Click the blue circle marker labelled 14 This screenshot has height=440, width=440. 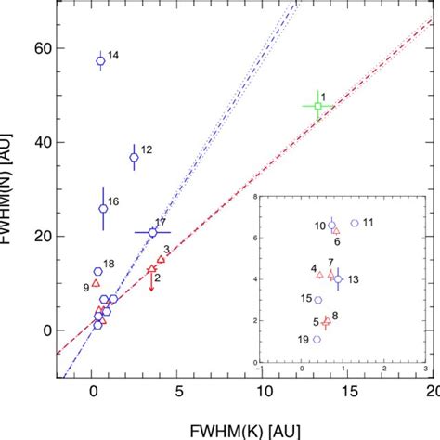100,61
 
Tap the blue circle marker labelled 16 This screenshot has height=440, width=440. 103,209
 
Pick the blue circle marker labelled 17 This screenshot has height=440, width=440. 152,232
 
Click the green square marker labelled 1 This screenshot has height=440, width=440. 317,106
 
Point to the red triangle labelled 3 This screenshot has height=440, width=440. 161,259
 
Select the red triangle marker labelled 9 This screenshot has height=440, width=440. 96,283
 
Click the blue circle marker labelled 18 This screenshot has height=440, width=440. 97,271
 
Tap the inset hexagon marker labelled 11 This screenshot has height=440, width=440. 354,223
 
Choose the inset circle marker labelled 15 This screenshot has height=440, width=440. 318,300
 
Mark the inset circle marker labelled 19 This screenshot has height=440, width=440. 317,339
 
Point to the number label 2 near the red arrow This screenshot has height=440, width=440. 159,278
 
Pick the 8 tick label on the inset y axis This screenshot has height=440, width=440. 255,198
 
